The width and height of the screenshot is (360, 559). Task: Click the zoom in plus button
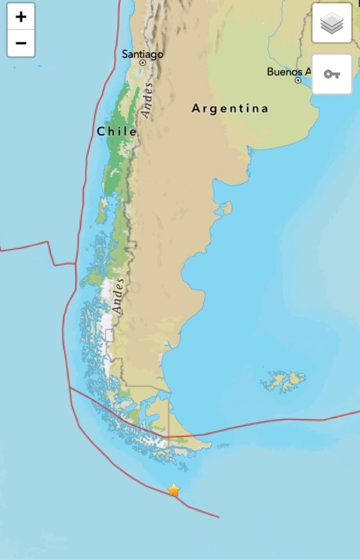[21, 17]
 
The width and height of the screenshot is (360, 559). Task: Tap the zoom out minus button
[21, 44]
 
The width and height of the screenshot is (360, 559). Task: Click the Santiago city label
[143, 54]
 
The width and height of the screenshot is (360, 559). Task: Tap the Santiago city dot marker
[142, 63]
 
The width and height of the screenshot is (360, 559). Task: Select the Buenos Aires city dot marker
[298, 81]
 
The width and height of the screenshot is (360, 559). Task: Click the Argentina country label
[230, 108]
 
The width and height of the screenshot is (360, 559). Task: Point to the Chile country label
[117, 132]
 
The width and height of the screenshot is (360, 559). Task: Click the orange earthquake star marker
[174, 490]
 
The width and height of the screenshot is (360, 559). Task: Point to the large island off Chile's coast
[102, 211]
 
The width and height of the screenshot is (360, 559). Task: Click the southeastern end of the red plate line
[218, 517]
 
